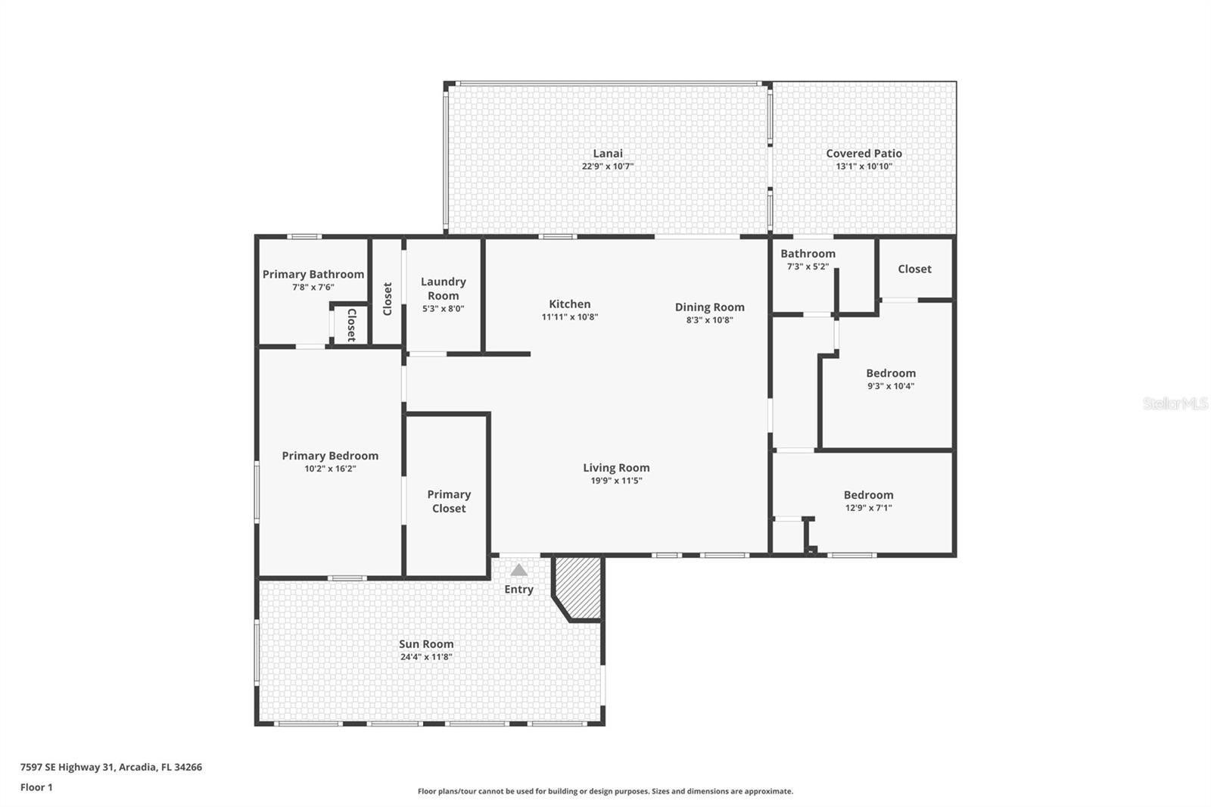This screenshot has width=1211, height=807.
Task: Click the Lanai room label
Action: (608, 154)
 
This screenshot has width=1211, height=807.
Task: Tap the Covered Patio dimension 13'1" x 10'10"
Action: (864, 167)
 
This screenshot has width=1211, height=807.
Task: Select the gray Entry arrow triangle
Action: (518, 570)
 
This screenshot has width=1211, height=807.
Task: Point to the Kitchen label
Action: (569, 304)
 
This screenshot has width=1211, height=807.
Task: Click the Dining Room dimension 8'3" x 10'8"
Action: (709, 320)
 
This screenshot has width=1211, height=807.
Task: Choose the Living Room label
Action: (616, 468)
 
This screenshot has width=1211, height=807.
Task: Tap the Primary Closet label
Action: (449, 501)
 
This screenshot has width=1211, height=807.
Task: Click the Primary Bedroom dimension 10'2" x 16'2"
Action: (330, 469)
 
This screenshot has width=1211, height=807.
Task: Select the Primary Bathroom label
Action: (313, 274)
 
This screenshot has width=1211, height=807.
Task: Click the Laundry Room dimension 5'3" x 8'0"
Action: (443, 309)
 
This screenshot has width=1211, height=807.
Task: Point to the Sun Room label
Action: (426, 644)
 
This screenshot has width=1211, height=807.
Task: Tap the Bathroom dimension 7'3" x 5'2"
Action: (808, 266)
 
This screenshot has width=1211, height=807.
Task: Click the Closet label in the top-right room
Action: (914, 269)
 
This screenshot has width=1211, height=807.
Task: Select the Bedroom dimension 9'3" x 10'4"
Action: (891, 386)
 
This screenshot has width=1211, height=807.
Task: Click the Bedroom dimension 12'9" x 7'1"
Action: (868, 508)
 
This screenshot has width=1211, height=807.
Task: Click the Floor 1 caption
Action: (36, 787)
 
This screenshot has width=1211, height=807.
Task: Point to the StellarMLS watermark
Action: (1175, 404)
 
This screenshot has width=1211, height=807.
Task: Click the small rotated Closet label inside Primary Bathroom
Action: (351, 325)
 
